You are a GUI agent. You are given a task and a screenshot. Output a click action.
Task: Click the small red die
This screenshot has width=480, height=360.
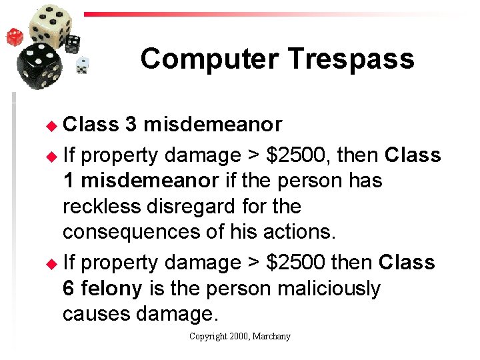15,36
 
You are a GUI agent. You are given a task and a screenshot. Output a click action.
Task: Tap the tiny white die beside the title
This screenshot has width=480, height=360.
83,65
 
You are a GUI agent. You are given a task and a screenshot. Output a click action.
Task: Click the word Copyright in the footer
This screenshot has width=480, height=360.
207,337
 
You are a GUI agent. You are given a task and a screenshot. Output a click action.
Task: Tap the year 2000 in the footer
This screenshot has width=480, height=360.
239,337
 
